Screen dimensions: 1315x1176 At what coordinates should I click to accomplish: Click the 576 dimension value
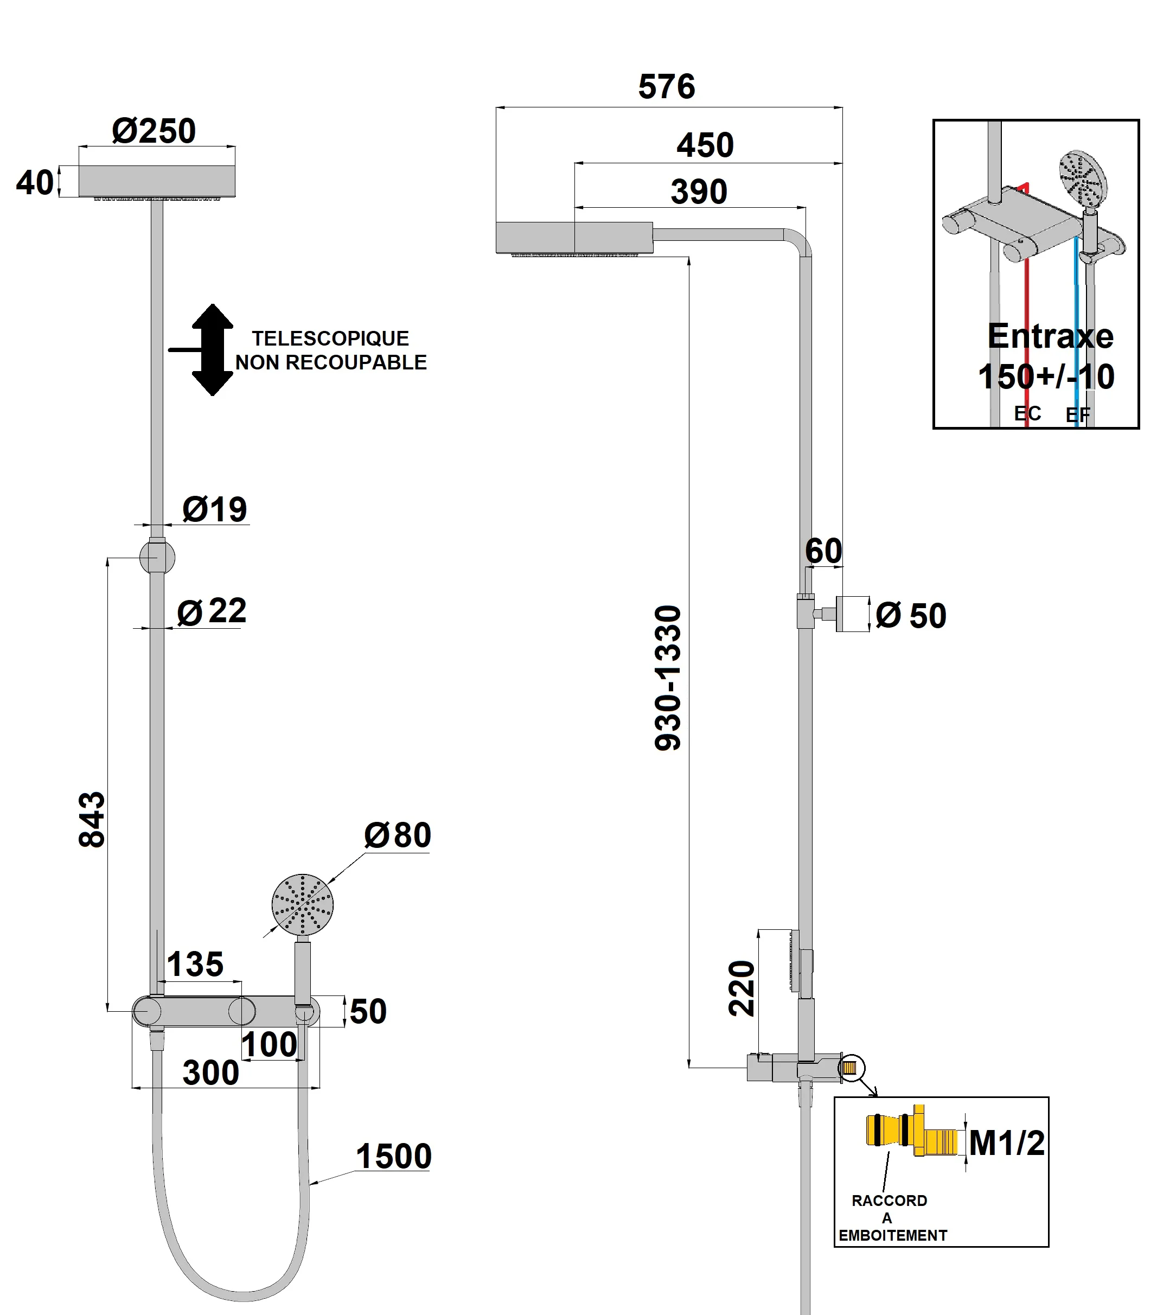pyautogui.click(x=666, y=87)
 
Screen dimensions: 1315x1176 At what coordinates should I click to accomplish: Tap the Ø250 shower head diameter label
pyautogui.click(x=154, y=131)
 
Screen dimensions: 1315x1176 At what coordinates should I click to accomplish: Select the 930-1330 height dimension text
pyautogui.click(x=668, y=678)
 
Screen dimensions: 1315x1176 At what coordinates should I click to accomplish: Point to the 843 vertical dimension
pyautogui.click(x=92, y=819)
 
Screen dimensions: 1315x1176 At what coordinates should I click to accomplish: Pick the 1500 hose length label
pyautogui.click(x=393, y=1156)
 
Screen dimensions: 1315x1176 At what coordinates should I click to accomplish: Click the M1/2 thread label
pyautogui.click(x=1007, y=1143)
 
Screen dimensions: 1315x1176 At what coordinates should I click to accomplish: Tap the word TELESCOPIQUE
pyautogui.click(x=330, y=339)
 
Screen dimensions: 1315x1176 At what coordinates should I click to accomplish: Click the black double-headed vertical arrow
pyautogui.click(x=212, y=349)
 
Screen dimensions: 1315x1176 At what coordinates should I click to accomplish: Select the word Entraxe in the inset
pyautogui.click(x=1050, y=336)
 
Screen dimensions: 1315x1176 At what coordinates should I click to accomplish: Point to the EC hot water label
pyautogui.click(x=1027, y=413)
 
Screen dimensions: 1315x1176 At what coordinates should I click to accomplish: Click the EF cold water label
pyautogui.click(x=1078, y=415)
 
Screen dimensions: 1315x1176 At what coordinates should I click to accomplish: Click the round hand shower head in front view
pyautogui.click(x=302, y=905)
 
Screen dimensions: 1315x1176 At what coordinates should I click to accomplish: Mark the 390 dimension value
pyautogui.click(x=699, y=192)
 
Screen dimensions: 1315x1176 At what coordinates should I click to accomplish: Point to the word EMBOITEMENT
pyautogui.click(x=892, y=1235)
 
